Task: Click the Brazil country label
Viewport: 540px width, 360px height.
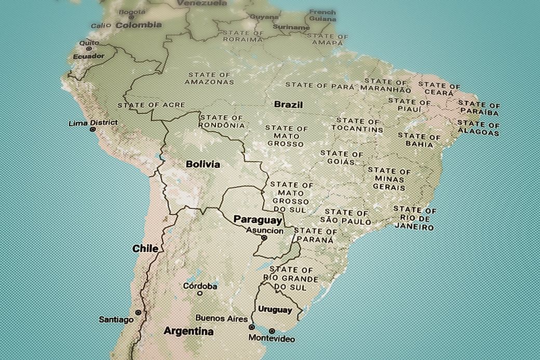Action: click(x=288, y=104)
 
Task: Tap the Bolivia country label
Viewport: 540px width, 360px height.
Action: click(x=203, y=164)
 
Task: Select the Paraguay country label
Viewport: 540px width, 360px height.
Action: click(x=258, y=219)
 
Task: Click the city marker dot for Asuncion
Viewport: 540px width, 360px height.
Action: click(x=264, y=238)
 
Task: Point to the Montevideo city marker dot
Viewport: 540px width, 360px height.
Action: click(x=272, y=330)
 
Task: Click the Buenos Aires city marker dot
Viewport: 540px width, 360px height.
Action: click(x=252, y=327)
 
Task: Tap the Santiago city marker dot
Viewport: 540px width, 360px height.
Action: click(x=138, y=312)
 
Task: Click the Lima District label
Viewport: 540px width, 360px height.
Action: click(x=93, y=123)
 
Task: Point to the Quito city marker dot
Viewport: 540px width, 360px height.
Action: click(x=82, y=48)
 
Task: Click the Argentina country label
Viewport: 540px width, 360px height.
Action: click(x=188, y=331)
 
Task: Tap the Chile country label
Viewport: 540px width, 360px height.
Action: click(x=145, y=248)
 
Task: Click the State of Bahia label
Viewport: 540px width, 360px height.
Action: click(x=419, y=140)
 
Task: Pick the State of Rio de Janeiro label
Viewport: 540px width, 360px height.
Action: click(x=414, y=218)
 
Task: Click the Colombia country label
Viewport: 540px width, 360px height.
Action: click(x=139, y=24)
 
